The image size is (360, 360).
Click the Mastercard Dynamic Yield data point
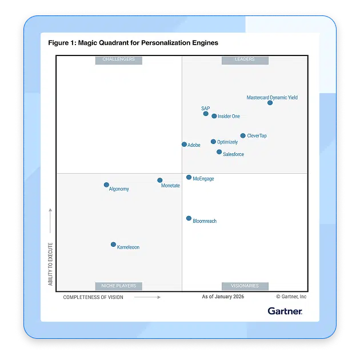pos(270,103)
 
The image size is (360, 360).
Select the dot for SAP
pos(206,114)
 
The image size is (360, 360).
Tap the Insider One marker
pos(214,116)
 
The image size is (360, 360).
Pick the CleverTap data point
pos(243,136)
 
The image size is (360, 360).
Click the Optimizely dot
pos(213,142)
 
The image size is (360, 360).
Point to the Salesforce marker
pos(219,152)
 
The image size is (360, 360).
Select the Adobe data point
pos(184,145)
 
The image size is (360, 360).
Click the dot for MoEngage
pos(189,178)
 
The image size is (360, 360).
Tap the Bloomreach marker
pos(189,218)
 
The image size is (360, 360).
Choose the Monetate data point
pos(159,181)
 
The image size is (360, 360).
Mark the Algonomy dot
pos(106,185)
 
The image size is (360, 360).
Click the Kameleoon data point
pos(113,245)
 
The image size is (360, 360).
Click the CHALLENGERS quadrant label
pos(119,59)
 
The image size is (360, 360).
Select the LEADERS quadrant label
pos(245,59)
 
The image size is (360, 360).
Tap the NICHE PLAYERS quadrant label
pos(119,286)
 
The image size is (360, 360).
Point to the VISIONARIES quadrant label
pos(245,286)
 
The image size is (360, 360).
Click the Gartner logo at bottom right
pos(285,311)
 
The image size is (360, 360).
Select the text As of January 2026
pos(223,297)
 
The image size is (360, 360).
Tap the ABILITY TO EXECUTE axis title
pos(50,264)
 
